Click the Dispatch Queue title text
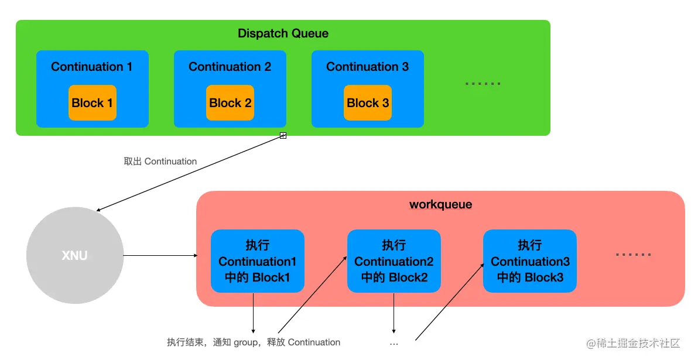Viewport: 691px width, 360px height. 283,33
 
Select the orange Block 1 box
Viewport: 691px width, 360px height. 92,103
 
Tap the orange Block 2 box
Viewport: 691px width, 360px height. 230,103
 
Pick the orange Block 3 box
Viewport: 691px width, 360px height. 368,103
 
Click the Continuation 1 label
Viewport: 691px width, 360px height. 91,67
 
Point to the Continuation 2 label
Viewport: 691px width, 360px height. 230,67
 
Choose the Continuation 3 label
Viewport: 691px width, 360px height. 367,67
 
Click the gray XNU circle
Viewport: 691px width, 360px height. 75,255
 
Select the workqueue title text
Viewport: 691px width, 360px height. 440,205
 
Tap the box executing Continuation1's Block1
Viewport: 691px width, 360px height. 257,261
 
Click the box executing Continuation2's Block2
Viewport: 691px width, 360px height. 394,261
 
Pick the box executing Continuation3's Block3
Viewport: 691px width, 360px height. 529,261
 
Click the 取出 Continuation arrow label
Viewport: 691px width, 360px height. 160,161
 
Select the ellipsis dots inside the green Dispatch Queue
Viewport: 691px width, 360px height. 483,84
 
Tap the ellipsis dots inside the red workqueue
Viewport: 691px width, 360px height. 634,255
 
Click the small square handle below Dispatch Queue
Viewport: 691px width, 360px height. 283,136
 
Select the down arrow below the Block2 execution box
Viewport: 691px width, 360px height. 394,313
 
